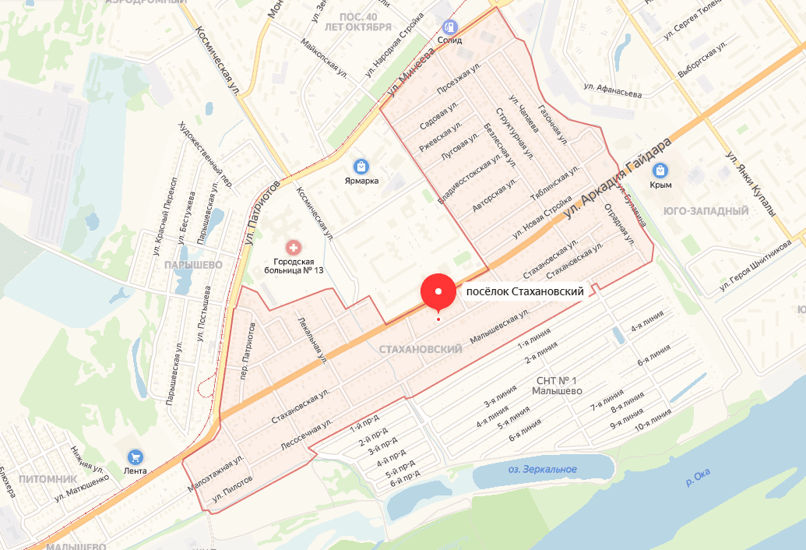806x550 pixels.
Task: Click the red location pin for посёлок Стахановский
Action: [x=438, y=292]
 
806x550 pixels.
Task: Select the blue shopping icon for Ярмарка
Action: [x=361, y=166]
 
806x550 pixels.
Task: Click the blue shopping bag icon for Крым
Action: [x=661, y=171]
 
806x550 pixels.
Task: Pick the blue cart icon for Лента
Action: [x=136, y=457]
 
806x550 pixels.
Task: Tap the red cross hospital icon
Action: [x=294, y=248]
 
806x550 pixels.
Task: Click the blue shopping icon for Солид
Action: [x=449, y=26]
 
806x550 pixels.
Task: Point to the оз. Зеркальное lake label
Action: [x=542, y=469]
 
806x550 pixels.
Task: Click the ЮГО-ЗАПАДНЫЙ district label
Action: [x=706, y=211]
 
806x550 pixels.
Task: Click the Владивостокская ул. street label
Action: [x=466, y=173]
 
